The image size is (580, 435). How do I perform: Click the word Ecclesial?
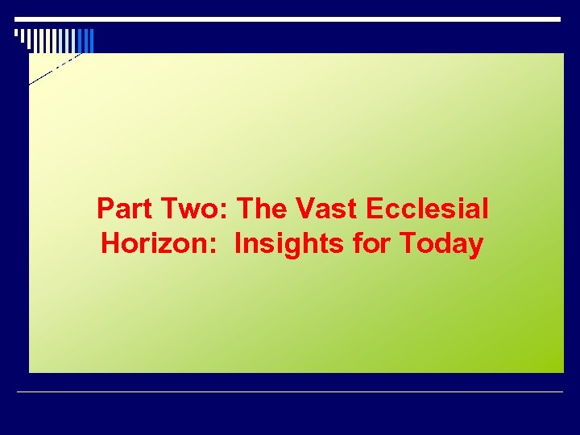tap(427, 209)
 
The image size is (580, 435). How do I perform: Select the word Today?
tap(441, 243)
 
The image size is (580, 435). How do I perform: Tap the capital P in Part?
tap(105, 209)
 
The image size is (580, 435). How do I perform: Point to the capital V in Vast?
tap(304, 209)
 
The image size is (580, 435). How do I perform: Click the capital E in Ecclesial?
tap(375, 209)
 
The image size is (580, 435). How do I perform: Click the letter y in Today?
tap(475, 246)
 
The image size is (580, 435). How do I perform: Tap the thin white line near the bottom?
tap(290, 391)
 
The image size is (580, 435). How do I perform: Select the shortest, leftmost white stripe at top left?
tap(17, 34)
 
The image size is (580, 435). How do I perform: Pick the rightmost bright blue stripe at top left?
tap(91, 40)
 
